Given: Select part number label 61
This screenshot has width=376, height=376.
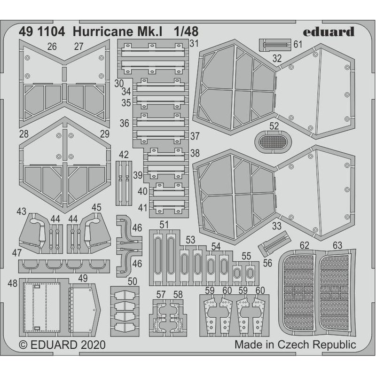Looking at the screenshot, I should point(297,44).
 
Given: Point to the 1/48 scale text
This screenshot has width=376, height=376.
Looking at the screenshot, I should point(186,31).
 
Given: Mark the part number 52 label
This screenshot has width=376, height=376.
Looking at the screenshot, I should point(274,125).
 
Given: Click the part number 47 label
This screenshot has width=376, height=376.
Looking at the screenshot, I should point(17,253).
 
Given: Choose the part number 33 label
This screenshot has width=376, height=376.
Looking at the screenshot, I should point(277,225).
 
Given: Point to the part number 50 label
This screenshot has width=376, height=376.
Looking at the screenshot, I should point(133,281).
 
